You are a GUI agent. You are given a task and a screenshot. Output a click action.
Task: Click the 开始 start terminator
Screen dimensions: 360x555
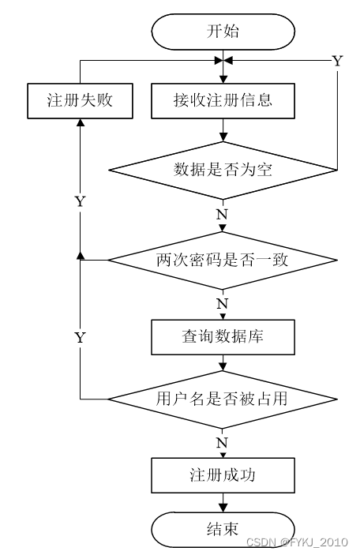point(223,32)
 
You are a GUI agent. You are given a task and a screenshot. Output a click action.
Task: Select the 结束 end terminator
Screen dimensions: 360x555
point(223,530)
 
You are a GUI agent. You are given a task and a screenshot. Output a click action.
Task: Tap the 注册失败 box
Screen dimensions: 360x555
point(80,101)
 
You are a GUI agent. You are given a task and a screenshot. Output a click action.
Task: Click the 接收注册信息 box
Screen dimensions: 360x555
point(223,101)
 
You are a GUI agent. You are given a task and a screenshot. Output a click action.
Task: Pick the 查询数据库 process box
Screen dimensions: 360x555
point(223,337)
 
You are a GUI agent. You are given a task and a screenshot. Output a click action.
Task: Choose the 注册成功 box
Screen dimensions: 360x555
point(223,475)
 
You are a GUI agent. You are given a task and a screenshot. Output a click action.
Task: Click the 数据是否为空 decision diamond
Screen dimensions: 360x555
point(223,171)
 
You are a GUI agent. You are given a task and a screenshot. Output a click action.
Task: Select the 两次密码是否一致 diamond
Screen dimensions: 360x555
point(223,261)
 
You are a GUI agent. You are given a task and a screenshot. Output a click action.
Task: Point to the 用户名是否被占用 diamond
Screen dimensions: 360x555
point(223,399)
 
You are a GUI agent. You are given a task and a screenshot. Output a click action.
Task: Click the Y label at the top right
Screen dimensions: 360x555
point(337,62)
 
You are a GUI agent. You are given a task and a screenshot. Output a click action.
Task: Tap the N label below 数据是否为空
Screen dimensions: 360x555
point(222,215)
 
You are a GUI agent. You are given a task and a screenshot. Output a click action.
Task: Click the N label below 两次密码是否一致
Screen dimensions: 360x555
point(222,304)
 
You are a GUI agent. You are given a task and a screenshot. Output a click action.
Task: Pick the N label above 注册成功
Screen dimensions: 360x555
point(222,442)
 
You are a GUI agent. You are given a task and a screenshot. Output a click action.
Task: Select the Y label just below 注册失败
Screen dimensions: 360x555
point(81,201)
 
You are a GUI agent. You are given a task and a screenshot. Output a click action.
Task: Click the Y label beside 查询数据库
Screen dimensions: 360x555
point(81,338)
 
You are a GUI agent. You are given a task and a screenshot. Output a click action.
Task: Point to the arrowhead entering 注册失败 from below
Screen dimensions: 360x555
point(81,122)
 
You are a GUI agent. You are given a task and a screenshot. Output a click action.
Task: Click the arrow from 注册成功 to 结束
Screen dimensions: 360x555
point(223,503)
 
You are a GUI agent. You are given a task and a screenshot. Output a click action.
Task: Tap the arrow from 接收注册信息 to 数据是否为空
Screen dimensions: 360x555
point(223,130)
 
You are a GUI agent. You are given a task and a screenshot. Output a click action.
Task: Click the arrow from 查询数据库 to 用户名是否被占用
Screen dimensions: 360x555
point(223,362)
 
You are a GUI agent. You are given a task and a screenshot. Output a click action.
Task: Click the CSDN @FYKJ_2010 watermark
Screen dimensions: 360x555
point(298,542)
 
